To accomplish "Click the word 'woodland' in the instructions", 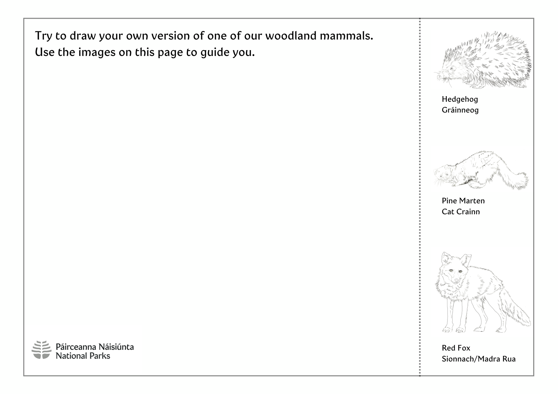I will point(291,36).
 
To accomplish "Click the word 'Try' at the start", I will point(43,36).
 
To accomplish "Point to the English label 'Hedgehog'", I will point(460,99).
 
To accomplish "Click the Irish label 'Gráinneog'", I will point(460,110).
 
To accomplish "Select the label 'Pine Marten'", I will point(463,201).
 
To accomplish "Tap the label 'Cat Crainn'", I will point(461,212).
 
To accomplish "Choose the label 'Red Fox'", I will point(456,348).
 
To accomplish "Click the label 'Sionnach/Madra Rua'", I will point(478,359).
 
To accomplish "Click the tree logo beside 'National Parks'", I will point(42,350).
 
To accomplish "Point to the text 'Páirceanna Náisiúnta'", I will point(95,347).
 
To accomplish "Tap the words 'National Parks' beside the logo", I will point(83,356).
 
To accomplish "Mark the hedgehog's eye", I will point(451,68).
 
